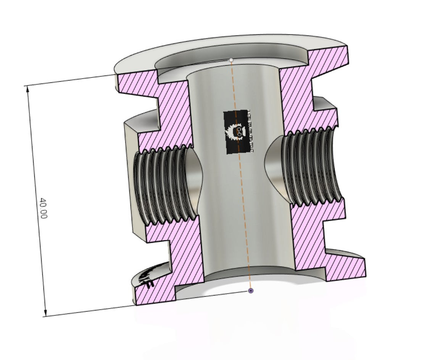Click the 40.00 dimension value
click(43, 208)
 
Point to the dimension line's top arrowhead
click(27, 89)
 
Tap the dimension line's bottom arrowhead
click(45, 313)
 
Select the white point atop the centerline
click(231, 60)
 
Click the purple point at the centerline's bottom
click(251, 291)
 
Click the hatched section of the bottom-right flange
click(343, 267)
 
